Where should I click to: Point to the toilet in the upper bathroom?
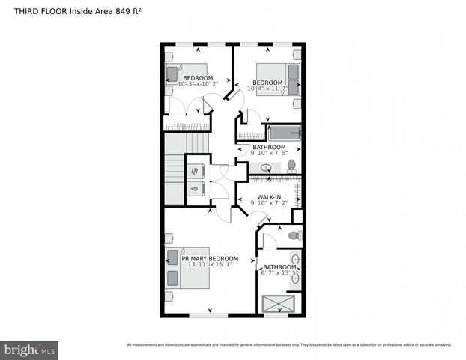pos(291,166)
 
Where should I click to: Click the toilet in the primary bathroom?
pos(294,235)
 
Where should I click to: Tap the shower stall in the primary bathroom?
pos(278,303)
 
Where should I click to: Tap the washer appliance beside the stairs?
pos(196,169)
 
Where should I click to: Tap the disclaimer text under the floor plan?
pos(289,345)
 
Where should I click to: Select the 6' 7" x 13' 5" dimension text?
pos(279,273)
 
